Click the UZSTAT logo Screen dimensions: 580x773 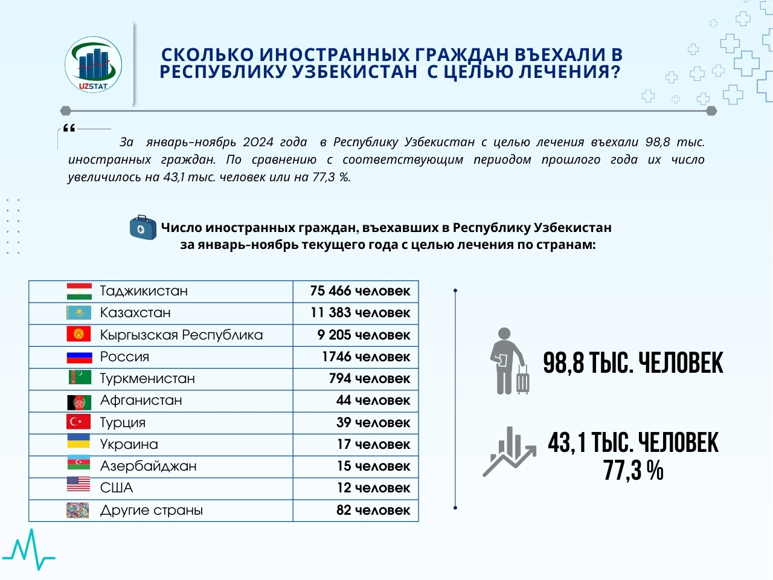coord(94,65)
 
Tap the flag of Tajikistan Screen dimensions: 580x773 coord(79,291)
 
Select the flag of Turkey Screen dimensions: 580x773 coord(79,422)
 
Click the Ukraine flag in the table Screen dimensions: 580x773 coord(79,443)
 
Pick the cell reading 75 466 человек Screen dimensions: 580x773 coord(360,291)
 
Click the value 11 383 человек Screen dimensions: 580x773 coord(360,313)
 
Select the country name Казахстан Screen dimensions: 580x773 coord(135,313)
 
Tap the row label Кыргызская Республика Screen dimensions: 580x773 coord(181,335)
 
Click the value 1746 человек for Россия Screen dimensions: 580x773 coord(365,356)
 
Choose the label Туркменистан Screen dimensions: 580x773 coord(147,379)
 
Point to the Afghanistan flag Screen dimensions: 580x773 coord(79,401)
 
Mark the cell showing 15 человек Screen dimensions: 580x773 coord(373,466)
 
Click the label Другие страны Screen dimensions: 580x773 coord(151,510)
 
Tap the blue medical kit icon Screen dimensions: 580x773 coord(143,228)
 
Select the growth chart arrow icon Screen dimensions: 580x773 coord(508,452)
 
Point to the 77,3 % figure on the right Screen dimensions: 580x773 coord(633,470)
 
